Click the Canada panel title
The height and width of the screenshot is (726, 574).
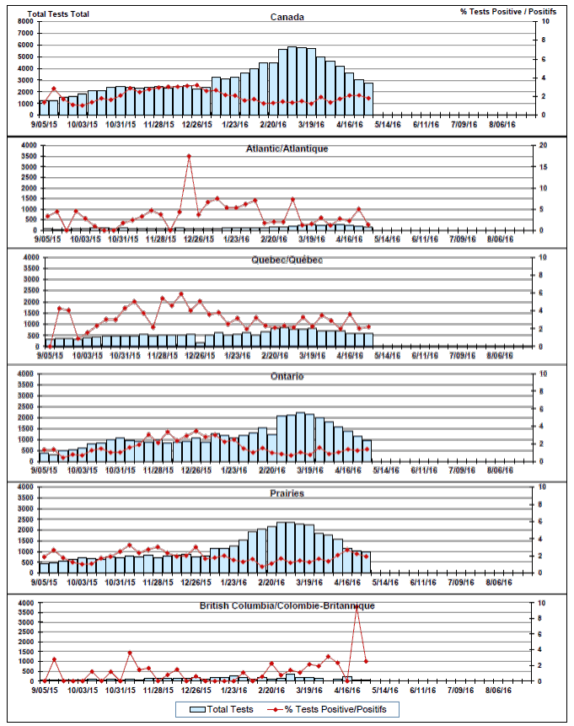tap(287, 17)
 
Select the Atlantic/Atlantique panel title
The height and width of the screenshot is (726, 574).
tap(287, 148)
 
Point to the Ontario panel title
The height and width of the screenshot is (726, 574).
tap(287, 376)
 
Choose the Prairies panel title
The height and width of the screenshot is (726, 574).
tap(287, 493)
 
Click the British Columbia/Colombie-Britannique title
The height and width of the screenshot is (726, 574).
tap(287, 605)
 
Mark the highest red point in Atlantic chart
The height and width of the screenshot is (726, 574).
tap(189, 156)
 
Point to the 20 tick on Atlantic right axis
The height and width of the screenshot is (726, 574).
tap(544, 145)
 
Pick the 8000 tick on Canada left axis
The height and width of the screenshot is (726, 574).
tap(25, 21)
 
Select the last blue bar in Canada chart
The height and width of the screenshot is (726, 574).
tap(368, 99)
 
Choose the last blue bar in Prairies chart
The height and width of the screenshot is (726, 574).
tap(367, 562)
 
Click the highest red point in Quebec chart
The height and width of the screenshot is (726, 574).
tap(180, 293)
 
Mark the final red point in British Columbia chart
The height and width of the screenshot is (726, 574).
tap(366, 661)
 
